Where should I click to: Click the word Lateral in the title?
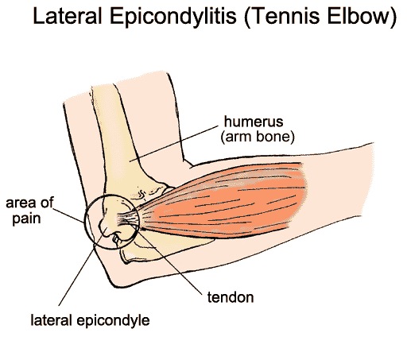pos(68,17)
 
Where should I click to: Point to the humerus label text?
pos(254,122)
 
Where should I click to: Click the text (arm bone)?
pos(258,137)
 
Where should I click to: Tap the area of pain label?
pos(29,211)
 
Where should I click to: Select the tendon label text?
pos(231,297)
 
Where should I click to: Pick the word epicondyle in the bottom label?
pos(114,321)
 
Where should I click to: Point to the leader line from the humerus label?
pos(173,143)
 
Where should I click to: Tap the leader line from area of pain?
pos(68,215)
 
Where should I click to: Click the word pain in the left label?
pos(26,219)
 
